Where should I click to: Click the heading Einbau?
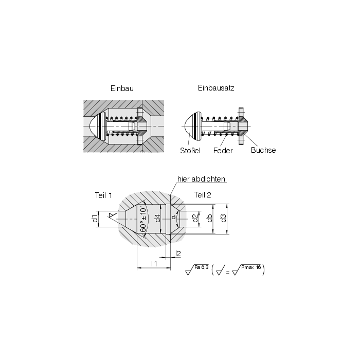(122, 88)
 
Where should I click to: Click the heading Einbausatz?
(216, 88)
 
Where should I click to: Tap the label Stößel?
(190, 151)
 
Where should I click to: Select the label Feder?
(223, 151)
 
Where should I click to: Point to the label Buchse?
(263, 150)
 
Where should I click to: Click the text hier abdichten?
(201, 179)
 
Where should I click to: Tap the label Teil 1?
(103, 195)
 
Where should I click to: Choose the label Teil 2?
(203, 195)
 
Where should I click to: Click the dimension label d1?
(95, 219)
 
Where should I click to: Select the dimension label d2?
(195, 218)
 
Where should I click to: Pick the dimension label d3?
(223, 218)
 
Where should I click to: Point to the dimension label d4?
(157, 218)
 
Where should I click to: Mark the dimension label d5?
(209, 218)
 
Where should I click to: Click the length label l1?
(154, 264)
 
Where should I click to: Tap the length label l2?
(178, 254)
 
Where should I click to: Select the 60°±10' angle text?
(143, 220)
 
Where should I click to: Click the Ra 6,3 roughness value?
(202, 267)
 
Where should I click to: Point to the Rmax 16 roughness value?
(251, 267)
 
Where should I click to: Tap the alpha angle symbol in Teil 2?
(174, 217)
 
